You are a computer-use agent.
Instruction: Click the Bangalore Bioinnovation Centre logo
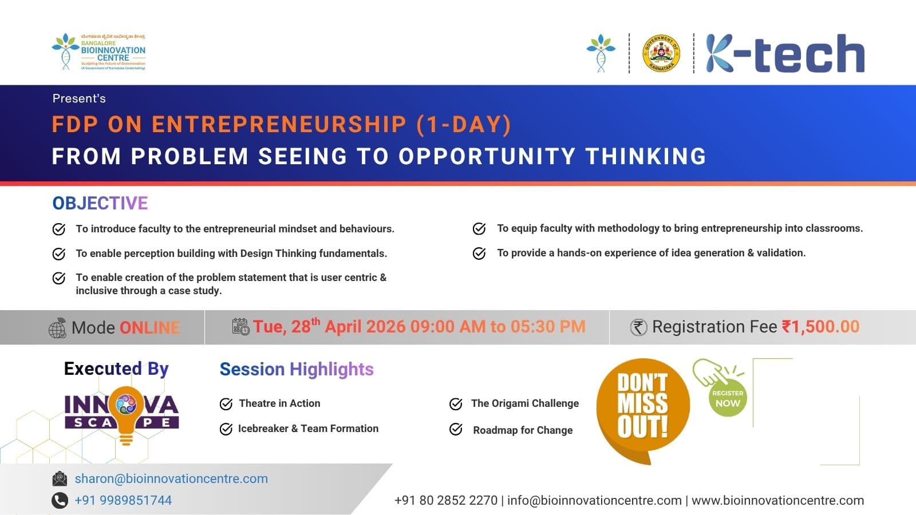point(98,52)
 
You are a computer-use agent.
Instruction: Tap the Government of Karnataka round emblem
point(661,53)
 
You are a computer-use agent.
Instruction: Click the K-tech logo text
point(785,53)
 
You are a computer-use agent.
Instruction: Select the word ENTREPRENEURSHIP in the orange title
point(279,125)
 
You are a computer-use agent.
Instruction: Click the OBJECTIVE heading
point(100,203)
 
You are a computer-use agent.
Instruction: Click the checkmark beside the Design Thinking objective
point(59,253)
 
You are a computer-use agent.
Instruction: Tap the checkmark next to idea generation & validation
point(479,253)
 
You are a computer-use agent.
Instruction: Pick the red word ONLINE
point(149,327)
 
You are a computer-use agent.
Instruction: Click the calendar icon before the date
point(240,327)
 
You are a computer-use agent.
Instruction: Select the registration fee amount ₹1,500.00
point(820,327)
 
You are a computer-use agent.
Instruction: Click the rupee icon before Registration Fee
point(638,327)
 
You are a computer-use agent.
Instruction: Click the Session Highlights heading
point(297,369)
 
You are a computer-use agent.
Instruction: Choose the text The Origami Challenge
point(524,403)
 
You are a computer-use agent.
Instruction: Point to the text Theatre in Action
point(279,403)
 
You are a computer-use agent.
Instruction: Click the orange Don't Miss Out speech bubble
point(642,406)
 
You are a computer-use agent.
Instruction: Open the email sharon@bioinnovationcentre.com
point(171,478)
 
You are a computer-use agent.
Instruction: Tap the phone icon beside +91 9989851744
point(60,500)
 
